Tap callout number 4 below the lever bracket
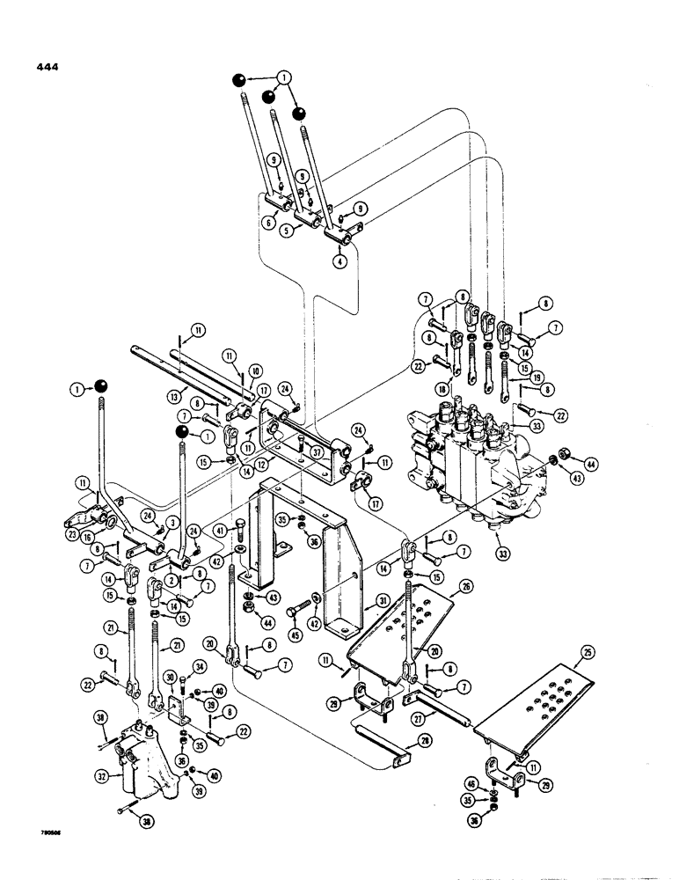click(x=339, y=260)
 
